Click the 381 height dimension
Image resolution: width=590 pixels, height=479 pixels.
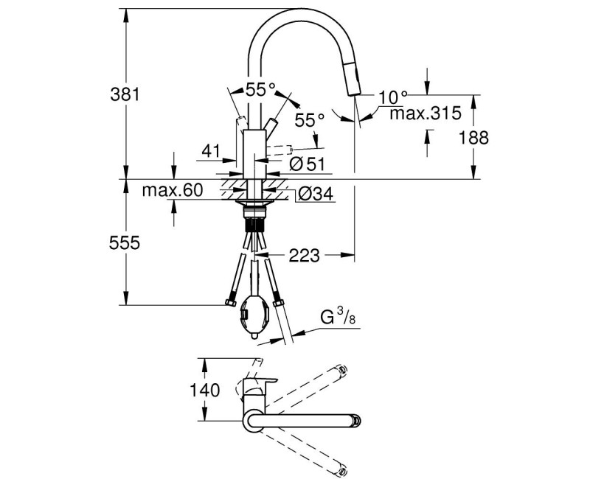click(x=123, y=94)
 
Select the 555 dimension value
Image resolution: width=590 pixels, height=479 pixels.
click(x=123, y=242)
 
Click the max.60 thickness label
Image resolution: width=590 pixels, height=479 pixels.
click(x=172, y=191)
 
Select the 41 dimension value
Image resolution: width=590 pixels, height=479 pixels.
click(x=211, y=151)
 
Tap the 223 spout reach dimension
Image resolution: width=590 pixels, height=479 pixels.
click(x=304, y=256)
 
